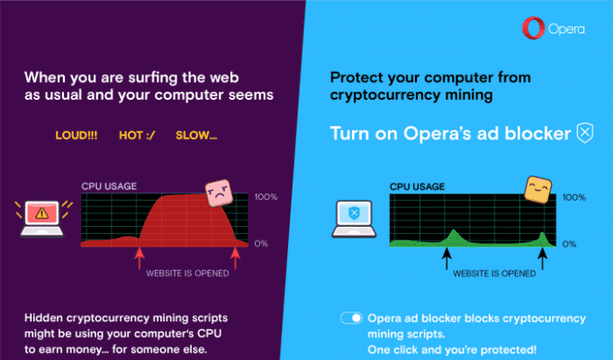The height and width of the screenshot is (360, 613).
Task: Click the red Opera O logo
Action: click(533, 28)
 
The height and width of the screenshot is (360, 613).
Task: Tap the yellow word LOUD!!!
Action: click(77, 136)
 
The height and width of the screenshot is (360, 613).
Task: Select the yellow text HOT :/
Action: click(137, 136)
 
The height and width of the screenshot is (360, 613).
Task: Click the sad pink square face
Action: click(219, 193)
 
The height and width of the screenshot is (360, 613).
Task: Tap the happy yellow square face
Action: click(538, 190)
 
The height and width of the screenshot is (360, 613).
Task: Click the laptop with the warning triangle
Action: click(41, 219)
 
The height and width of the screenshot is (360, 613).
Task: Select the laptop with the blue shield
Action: click(354, 219)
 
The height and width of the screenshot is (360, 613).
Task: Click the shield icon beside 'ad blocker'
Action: click(585, 133)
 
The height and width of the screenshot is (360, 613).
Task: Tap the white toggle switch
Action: click(351, 318)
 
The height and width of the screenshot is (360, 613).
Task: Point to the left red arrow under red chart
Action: click(140, 259)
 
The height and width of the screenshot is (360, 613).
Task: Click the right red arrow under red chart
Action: click(235, 259)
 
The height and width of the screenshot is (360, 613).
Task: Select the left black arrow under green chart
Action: click(446, 259)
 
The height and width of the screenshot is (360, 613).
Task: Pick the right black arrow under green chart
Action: click(542, 259)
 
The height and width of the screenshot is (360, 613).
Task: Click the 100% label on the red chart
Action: click(266, 196)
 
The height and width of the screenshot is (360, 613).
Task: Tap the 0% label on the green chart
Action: click(569, 244)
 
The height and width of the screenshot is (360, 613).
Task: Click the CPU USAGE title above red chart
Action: click(109, 186)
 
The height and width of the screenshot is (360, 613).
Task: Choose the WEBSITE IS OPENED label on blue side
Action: click(494, 274)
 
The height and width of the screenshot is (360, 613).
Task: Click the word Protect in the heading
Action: click(356, 77)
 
